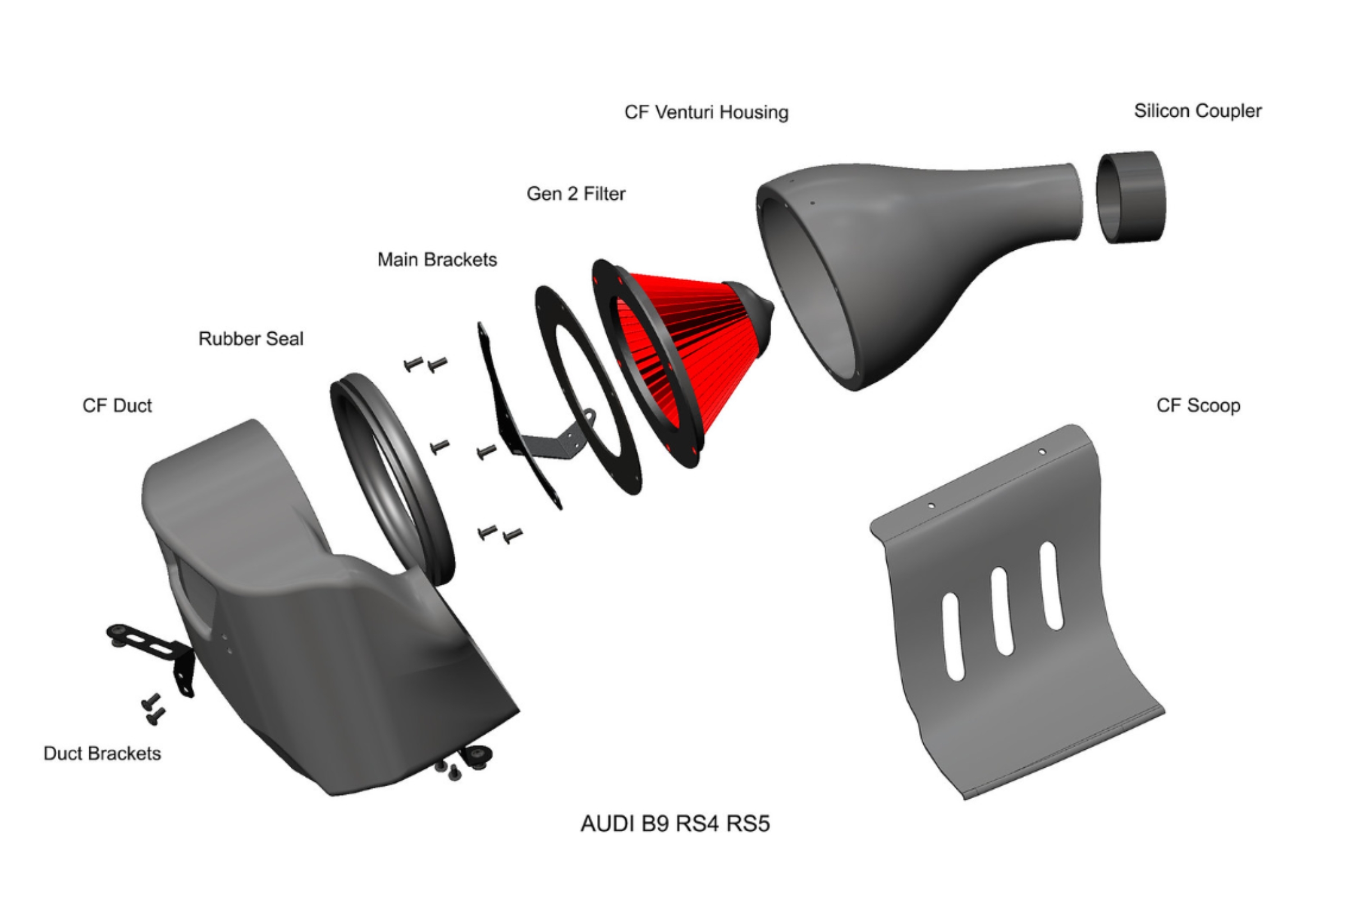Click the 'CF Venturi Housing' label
coord(706,112)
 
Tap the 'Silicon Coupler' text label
coord(1198,111)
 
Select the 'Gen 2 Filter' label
coord(576,194)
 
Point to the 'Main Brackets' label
coord(437,259)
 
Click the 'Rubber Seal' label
coord(251,338)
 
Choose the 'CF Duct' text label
coord(117,405)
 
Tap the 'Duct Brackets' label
coord(102,753)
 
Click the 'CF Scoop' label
coord(1198,405)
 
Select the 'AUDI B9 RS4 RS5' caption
coord(675,823)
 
